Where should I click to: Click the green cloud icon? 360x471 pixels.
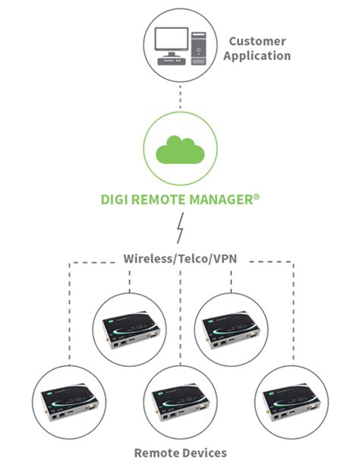tap(180, 150)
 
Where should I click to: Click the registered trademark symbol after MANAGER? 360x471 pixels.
tap(257, 196)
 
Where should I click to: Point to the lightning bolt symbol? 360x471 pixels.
tap(181, 227)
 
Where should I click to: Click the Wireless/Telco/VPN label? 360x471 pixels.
tap(180, 258)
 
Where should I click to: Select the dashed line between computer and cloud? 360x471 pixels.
tap(180, 96)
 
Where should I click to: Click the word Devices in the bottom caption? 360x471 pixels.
tap(203, 454)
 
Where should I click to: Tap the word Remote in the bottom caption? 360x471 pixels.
tap(155, 454)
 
